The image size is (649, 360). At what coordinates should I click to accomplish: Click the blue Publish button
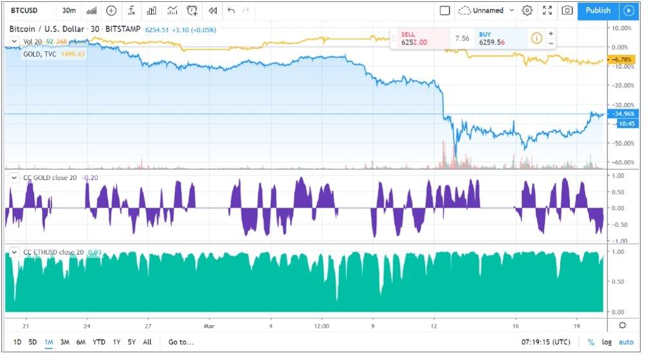pos(598,10)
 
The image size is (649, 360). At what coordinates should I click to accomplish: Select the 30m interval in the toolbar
pos(69,10)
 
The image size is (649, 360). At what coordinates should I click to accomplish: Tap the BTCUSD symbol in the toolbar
pos(24,10)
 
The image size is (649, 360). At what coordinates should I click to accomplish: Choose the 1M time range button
pos(49,342)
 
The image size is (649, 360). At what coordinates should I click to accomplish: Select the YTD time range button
pos(98,342)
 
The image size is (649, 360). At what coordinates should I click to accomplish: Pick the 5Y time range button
pos(132,342)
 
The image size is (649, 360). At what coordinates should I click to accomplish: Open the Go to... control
pos(181,342)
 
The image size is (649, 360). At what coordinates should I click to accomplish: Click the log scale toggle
pos(607,342)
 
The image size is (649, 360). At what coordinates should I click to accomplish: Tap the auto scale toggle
pos(626,342)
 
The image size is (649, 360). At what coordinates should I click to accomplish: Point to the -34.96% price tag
pos(623,114)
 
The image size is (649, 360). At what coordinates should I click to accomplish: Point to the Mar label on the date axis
pos(209,326)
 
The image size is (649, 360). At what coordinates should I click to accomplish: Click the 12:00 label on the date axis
pos(322,326)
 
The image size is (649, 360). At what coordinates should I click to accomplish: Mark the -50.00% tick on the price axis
pos(623,143)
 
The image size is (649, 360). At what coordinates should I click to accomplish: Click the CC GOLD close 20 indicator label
pos(50,177)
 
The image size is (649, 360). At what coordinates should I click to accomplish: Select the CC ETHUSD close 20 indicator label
pos(53,252)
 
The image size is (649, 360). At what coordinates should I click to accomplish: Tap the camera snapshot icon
pos(567,10)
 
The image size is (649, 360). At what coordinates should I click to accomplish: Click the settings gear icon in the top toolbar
pos(527,10)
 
